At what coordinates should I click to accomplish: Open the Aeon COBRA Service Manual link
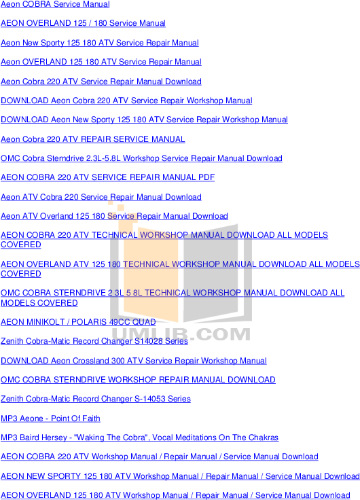click(55, 4)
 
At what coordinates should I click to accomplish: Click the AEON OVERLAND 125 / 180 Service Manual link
click(84, 23)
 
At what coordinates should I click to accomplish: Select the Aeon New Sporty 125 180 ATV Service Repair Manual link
click(100, 43)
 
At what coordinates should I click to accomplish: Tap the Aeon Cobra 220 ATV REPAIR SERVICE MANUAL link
click(93, 139)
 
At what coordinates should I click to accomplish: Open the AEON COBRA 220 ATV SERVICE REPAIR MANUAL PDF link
click(108, 177)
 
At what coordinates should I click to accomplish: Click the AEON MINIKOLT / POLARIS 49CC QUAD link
click(78, 322)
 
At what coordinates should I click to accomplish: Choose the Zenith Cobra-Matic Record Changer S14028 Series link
click(94, 341)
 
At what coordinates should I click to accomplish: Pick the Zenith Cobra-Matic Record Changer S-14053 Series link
click(96, 399)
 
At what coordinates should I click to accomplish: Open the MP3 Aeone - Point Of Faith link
click(50, 418)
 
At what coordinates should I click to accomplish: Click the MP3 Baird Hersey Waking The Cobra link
click(140, 437)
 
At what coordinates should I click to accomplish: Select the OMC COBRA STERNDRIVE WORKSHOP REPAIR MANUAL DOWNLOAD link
click(138, 380)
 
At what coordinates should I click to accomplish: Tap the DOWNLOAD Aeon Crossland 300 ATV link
click(134, 361)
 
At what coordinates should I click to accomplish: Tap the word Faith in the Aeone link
click(91, 418)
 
